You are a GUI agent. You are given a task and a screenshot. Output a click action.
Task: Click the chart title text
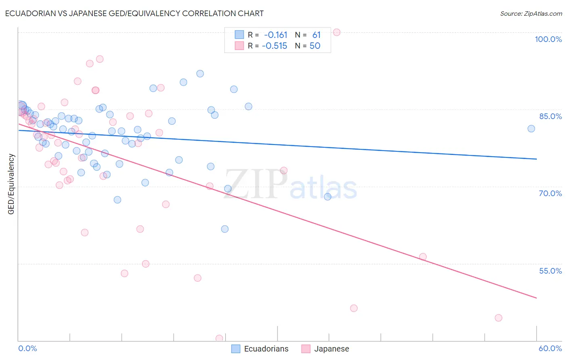click(134, 13)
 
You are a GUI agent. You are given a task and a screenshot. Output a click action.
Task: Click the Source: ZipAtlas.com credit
click(531, 14)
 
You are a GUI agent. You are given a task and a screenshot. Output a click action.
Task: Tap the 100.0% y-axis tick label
click(548, 39)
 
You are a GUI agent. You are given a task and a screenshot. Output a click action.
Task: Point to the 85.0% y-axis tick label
click(550, 116)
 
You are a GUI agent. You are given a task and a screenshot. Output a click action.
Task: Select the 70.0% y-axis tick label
click(550, 193)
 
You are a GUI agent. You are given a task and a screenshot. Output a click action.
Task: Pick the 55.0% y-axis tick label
click(550, 271)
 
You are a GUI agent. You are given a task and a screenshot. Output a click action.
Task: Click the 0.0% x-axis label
click(27, 348)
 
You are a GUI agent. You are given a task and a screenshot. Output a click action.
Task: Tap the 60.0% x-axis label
click(550, 348)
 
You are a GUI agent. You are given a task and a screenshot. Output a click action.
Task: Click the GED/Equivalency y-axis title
click(11, 184)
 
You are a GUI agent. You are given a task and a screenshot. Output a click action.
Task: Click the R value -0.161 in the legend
click(275, 35)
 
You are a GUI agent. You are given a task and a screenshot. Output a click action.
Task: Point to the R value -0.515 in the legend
click(275, 46)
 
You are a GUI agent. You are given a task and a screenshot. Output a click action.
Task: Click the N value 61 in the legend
click(316, 35)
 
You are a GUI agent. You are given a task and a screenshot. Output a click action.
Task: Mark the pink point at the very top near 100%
click(337, 32)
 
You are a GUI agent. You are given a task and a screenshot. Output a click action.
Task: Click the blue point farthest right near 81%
click(531, 129)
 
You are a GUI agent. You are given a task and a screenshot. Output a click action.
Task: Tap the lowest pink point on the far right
click(498, 318)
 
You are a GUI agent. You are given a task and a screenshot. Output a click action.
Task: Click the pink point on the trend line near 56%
click(423, 257)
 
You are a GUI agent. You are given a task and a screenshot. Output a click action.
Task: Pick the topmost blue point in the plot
click(200, 73)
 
